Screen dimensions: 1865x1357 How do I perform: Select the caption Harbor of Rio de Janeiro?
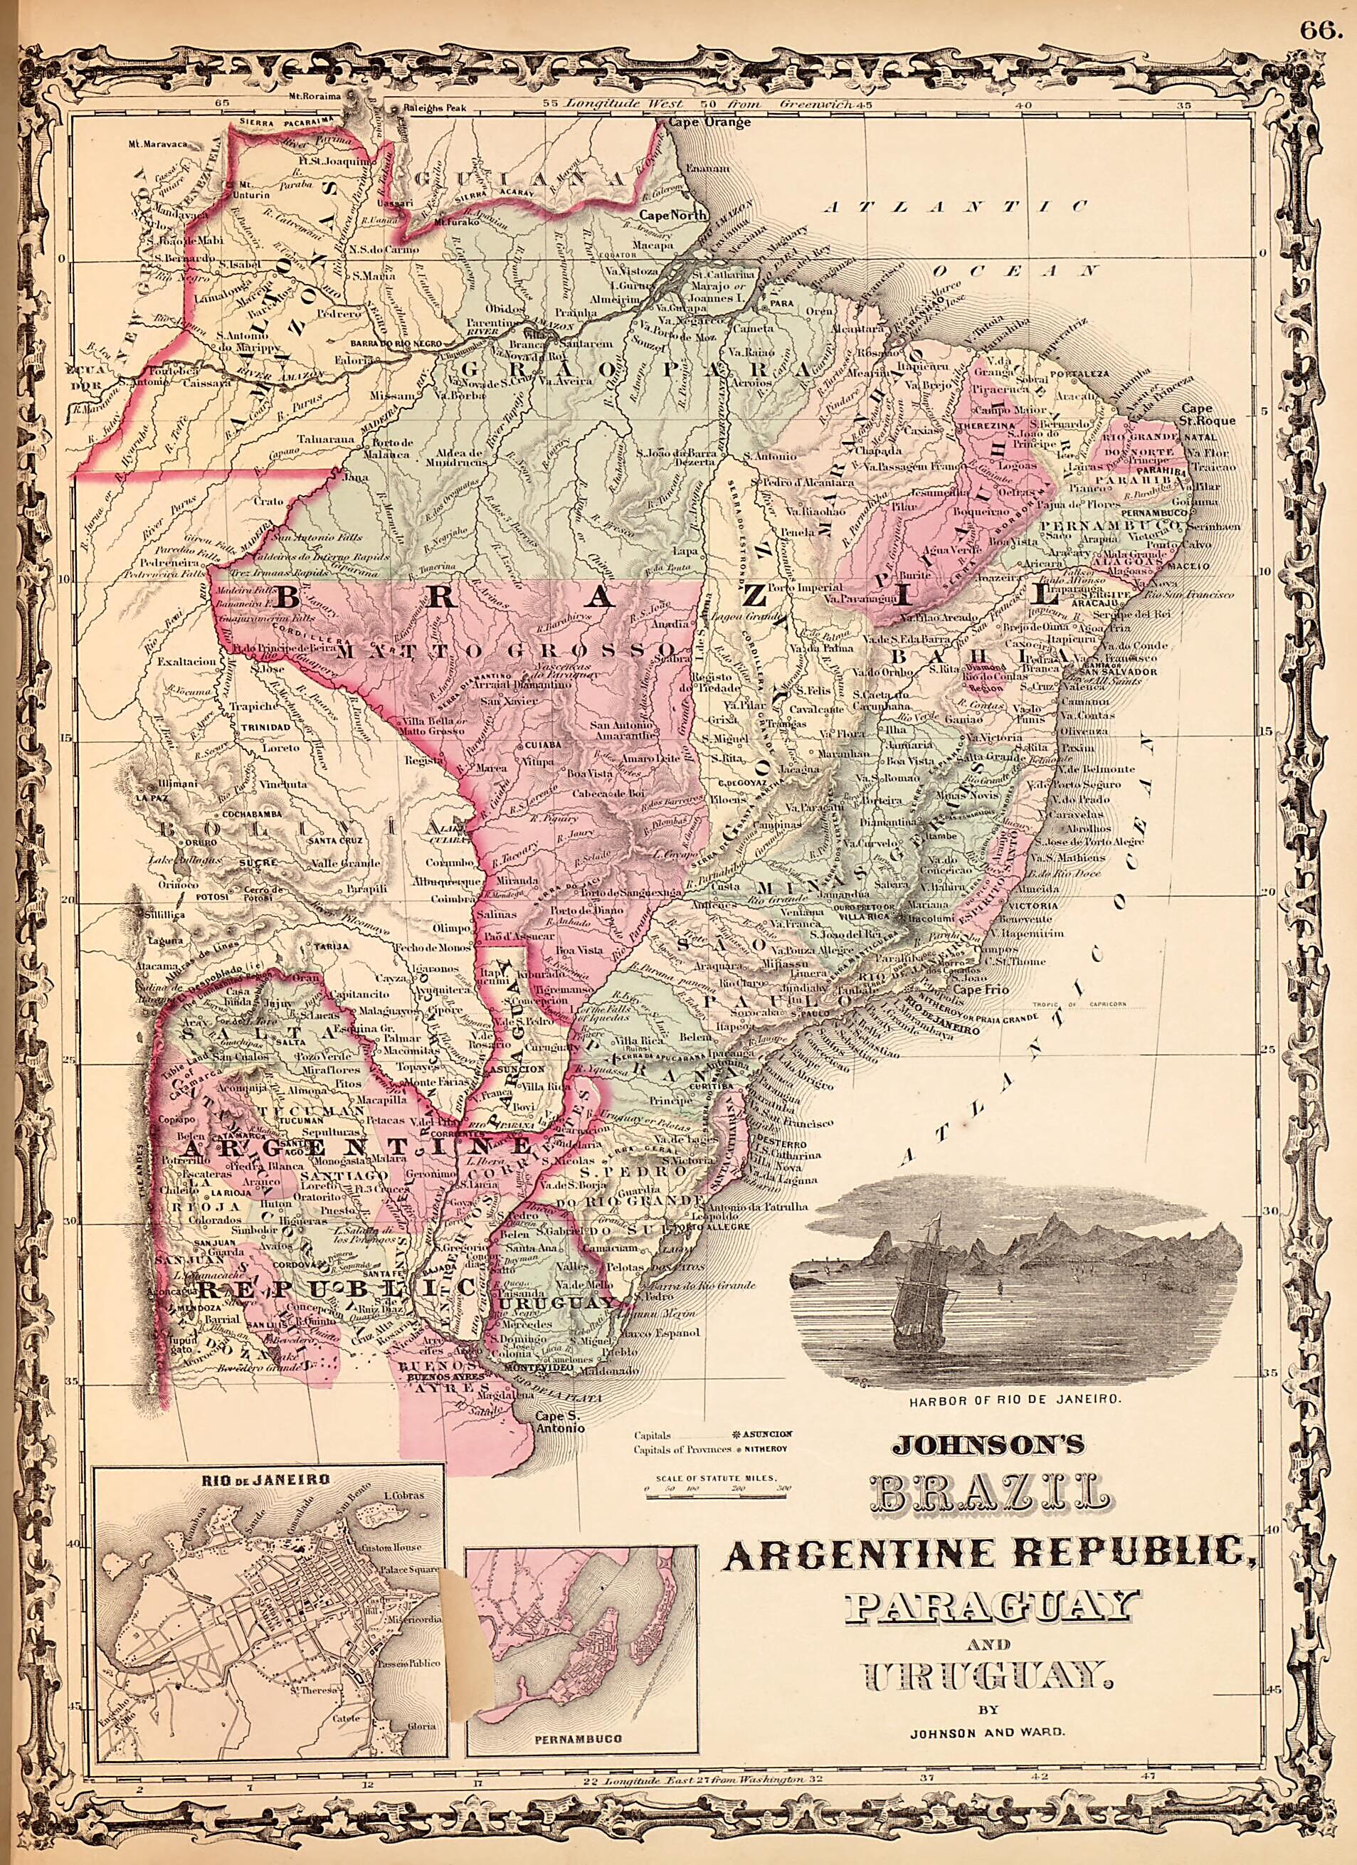click(x=1018, y=1399)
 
